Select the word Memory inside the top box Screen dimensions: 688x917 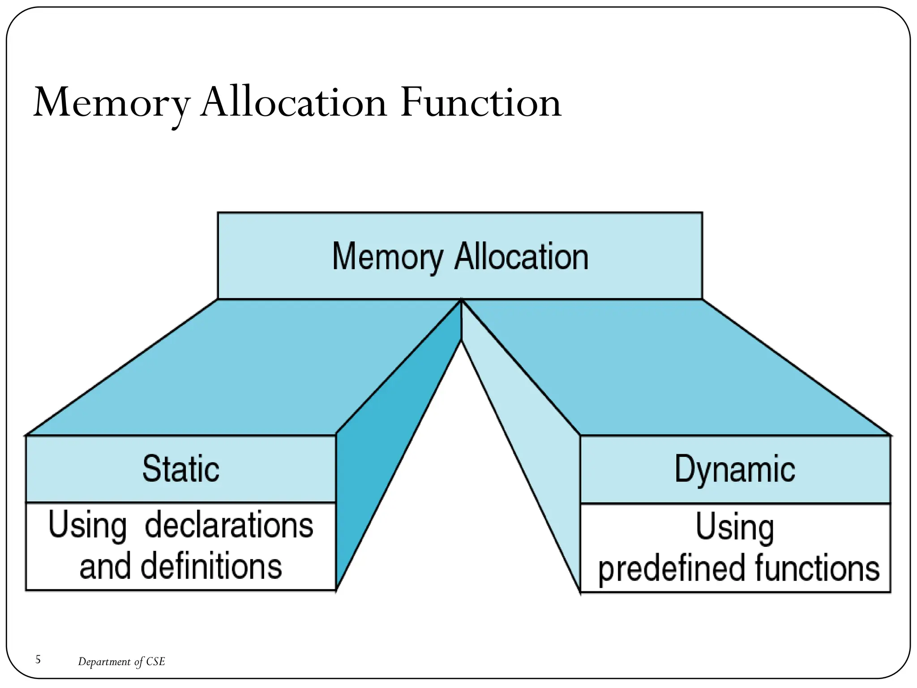pos(387,257)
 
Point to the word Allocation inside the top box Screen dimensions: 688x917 pos(521,257)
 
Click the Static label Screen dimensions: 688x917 pos(181,469)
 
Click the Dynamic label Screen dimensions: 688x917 pos(735,469)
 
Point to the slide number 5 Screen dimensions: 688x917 pos(38,659)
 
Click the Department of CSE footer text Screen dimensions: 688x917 pos(121,662)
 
